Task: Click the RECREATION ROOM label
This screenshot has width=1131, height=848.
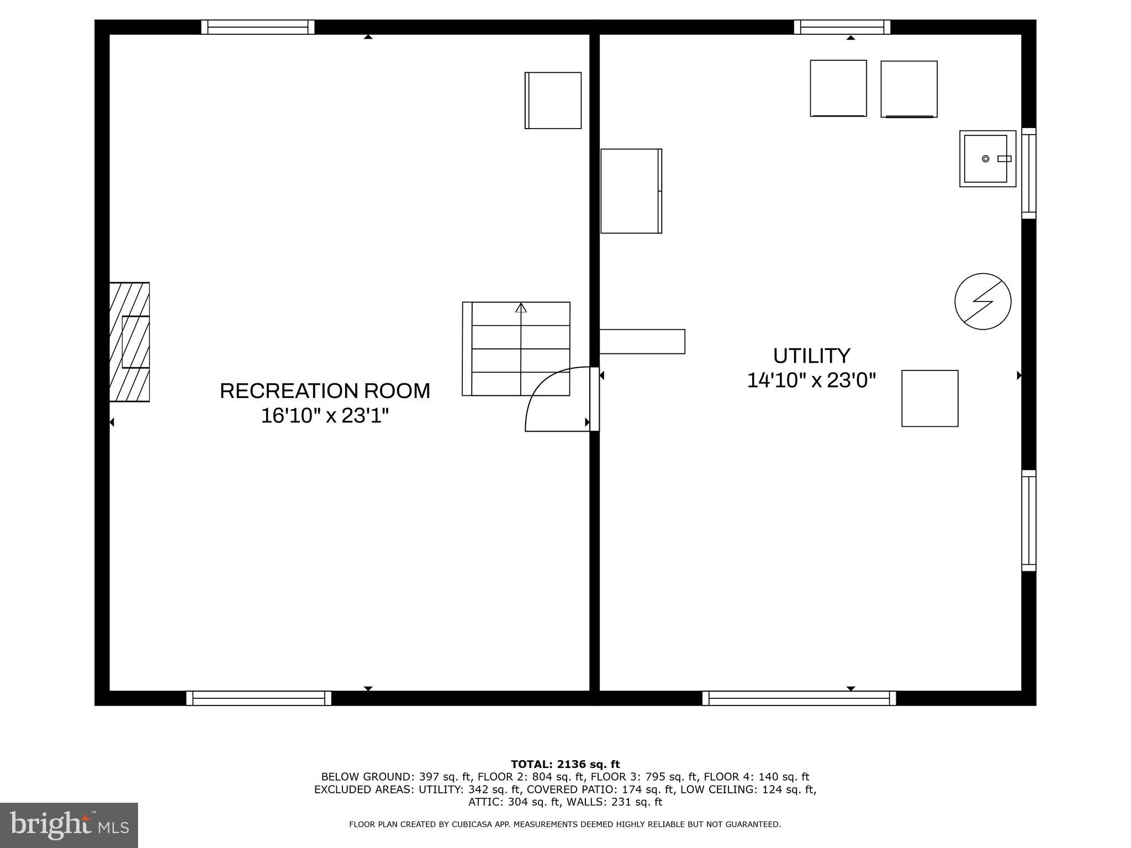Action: pos(325,391)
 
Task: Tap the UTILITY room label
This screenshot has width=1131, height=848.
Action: pos(811,356)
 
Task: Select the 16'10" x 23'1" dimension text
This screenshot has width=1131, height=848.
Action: pos(325,416)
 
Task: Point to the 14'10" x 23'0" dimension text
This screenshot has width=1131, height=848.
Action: pos(811,381)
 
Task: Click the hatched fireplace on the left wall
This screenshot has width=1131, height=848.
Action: pos(130,342)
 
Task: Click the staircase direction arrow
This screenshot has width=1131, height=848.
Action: pos(521,308)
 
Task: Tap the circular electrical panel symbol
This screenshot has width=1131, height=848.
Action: pos(982,301)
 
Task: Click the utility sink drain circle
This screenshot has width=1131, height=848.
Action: pos(985,159)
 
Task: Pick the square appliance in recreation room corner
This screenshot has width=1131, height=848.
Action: pos(553,100)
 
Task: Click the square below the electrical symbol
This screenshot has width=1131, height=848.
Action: pos(929,399)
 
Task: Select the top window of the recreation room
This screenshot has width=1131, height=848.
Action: pos(258,27)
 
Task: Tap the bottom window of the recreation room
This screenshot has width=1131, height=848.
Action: pos(258,698)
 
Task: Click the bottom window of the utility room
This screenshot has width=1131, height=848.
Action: pos(799,698)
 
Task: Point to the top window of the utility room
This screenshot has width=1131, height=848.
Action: pos(842,27)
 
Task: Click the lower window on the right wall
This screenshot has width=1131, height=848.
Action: pos(1028,521)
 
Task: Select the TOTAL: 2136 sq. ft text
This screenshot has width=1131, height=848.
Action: pos(565,765)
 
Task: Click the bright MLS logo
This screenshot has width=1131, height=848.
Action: pos(69,825)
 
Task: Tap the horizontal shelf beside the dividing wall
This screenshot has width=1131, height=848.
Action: pos(642,342)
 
